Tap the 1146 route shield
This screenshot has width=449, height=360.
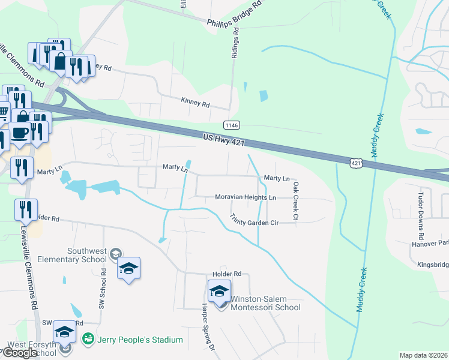point(231,125)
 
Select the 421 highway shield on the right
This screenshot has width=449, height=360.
point(356,163)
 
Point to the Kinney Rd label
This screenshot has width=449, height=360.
point(195,104)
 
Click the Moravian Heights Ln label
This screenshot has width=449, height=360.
point(246,197)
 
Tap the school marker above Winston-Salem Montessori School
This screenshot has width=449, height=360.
point(219,292)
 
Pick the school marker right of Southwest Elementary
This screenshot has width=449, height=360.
point(128,268)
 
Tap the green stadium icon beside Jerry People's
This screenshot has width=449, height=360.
point(88,340)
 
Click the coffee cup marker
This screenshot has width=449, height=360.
point(20,132)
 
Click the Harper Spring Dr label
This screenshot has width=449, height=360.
point(207,331)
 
